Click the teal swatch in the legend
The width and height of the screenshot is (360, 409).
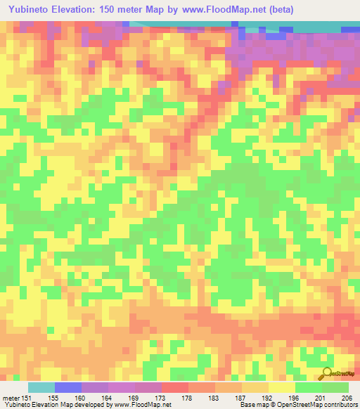41,387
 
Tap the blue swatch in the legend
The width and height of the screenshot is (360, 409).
68,387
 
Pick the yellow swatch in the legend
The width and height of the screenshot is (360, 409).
282,387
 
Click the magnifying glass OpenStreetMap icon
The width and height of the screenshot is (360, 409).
326,372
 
